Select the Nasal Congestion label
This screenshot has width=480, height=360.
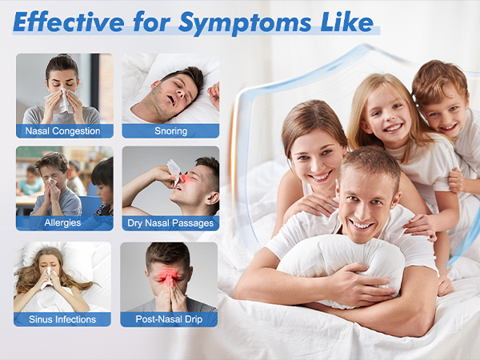63,130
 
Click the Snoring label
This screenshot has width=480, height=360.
170,130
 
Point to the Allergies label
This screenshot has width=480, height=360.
63,222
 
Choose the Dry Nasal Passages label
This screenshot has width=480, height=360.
170,222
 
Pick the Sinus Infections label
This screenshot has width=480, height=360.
63,319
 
